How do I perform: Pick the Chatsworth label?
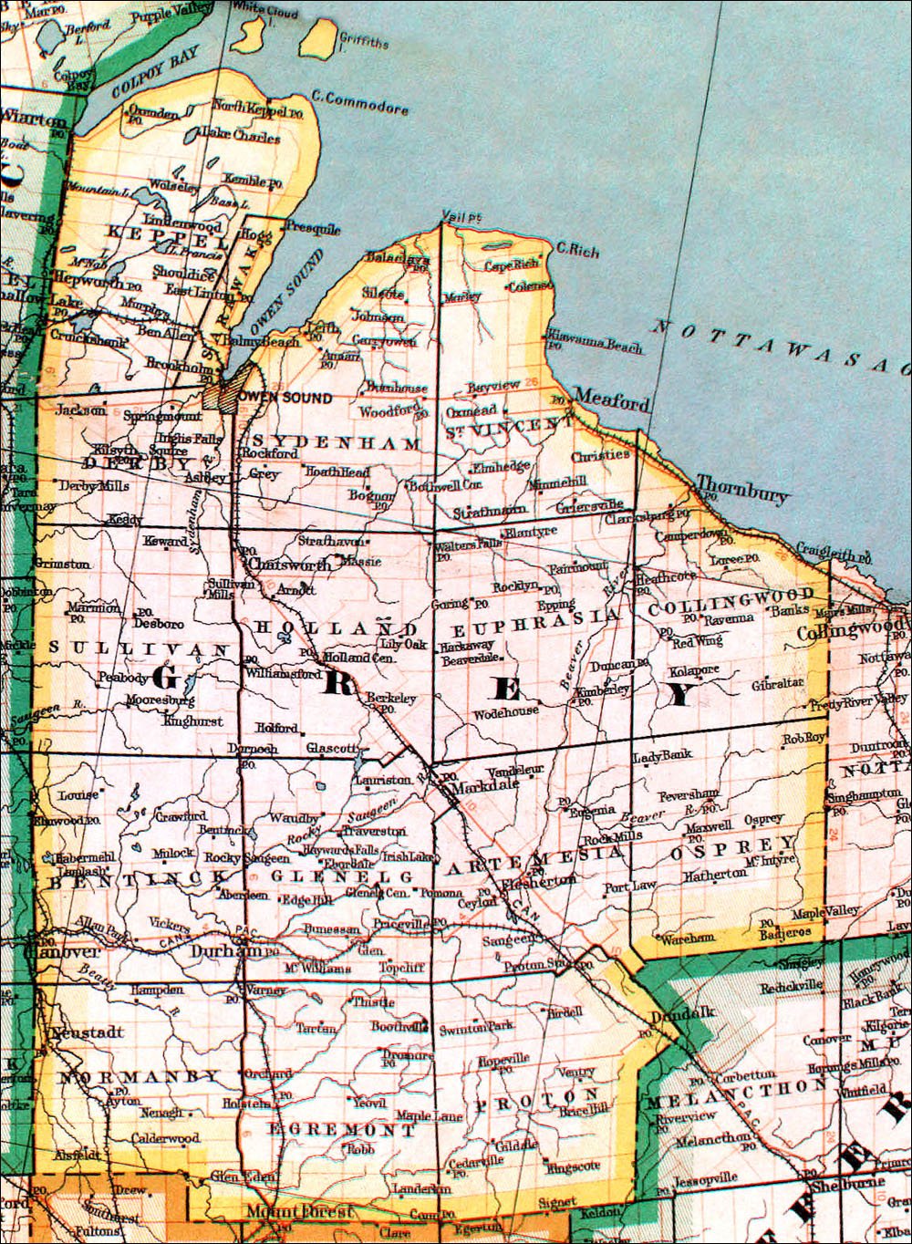click(290, 564)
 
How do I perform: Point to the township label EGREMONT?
click(342, 1129)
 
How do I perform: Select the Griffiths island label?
click(364, 41)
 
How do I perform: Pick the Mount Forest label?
click(300, 1211)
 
